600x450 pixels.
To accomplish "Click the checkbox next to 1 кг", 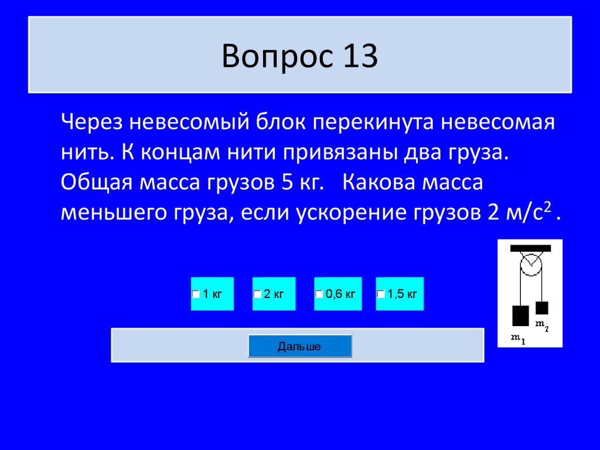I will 196,294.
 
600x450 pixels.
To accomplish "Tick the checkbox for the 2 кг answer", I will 257,294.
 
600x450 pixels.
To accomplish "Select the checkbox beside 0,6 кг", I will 319,294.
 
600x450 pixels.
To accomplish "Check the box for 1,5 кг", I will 381,294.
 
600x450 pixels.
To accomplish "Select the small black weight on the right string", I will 542,307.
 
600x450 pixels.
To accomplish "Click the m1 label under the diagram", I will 518,338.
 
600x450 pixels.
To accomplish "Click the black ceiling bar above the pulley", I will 530,247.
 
